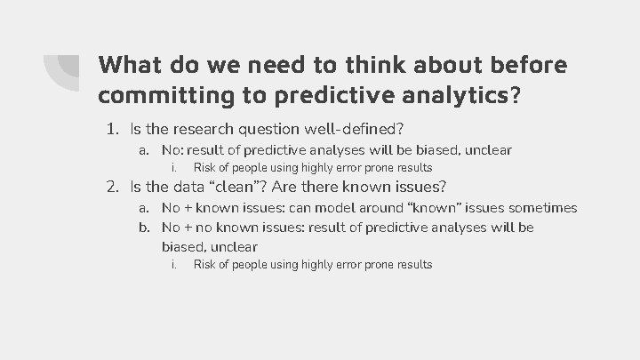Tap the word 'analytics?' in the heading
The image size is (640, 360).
click(x=460, y=93)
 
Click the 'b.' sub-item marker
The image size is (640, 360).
click(x=145, y=228)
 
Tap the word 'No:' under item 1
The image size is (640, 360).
click(x=174, y=150)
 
